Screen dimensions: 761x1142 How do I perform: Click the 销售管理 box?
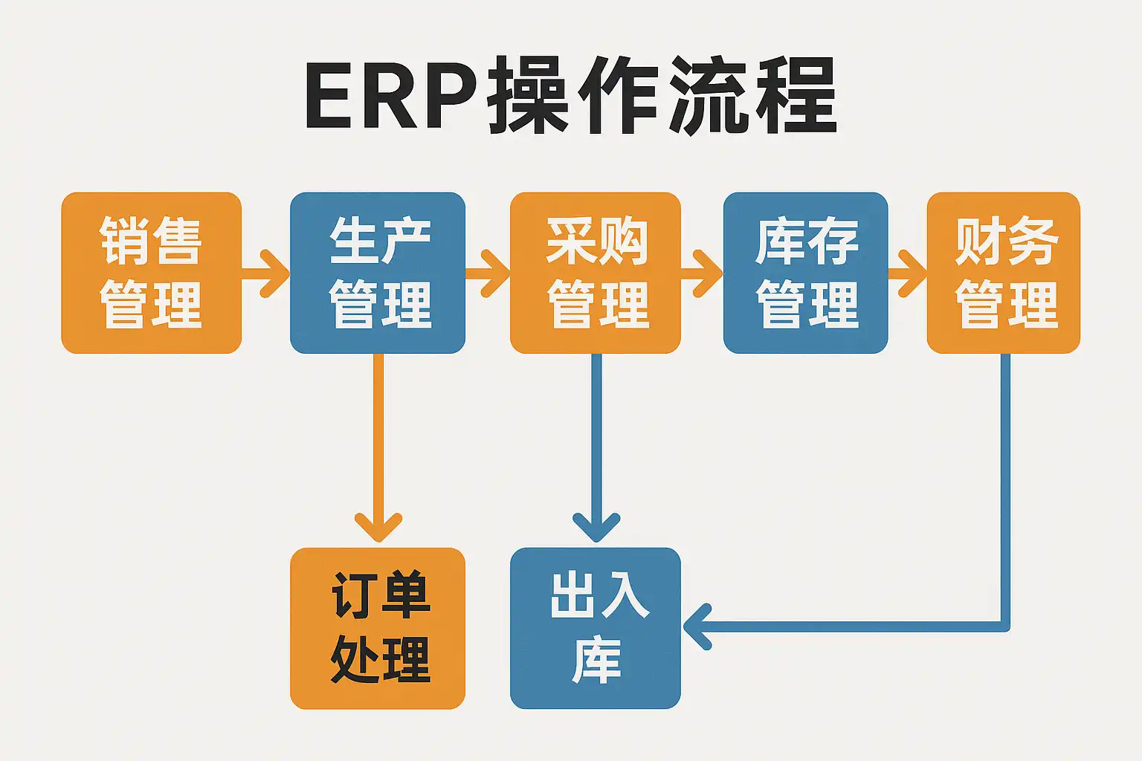point(151,273)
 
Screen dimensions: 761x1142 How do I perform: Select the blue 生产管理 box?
point(378,273)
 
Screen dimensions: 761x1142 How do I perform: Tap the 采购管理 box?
point(596,273)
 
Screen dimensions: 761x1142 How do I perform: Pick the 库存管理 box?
point(805,273)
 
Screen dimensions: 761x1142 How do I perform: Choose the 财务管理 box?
point(1004,273)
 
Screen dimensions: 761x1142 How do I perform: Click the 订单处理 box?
point(378,628)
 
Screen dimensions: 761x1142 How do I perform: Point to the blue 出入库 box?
point(596,628)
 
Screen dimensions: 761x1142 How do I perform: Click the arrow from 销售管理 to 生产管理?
point(266,273)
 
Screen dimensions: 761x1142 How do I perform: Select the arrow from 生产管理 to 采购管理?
point(488,273)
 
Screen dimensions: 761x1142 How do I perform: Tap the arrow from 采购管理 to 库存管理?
point(702,273)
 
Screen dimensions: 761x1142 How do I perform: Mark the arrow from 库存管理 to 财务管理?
point(907,273)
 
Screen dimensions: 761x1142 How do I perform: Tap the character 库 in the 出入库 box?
point(596,660)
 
